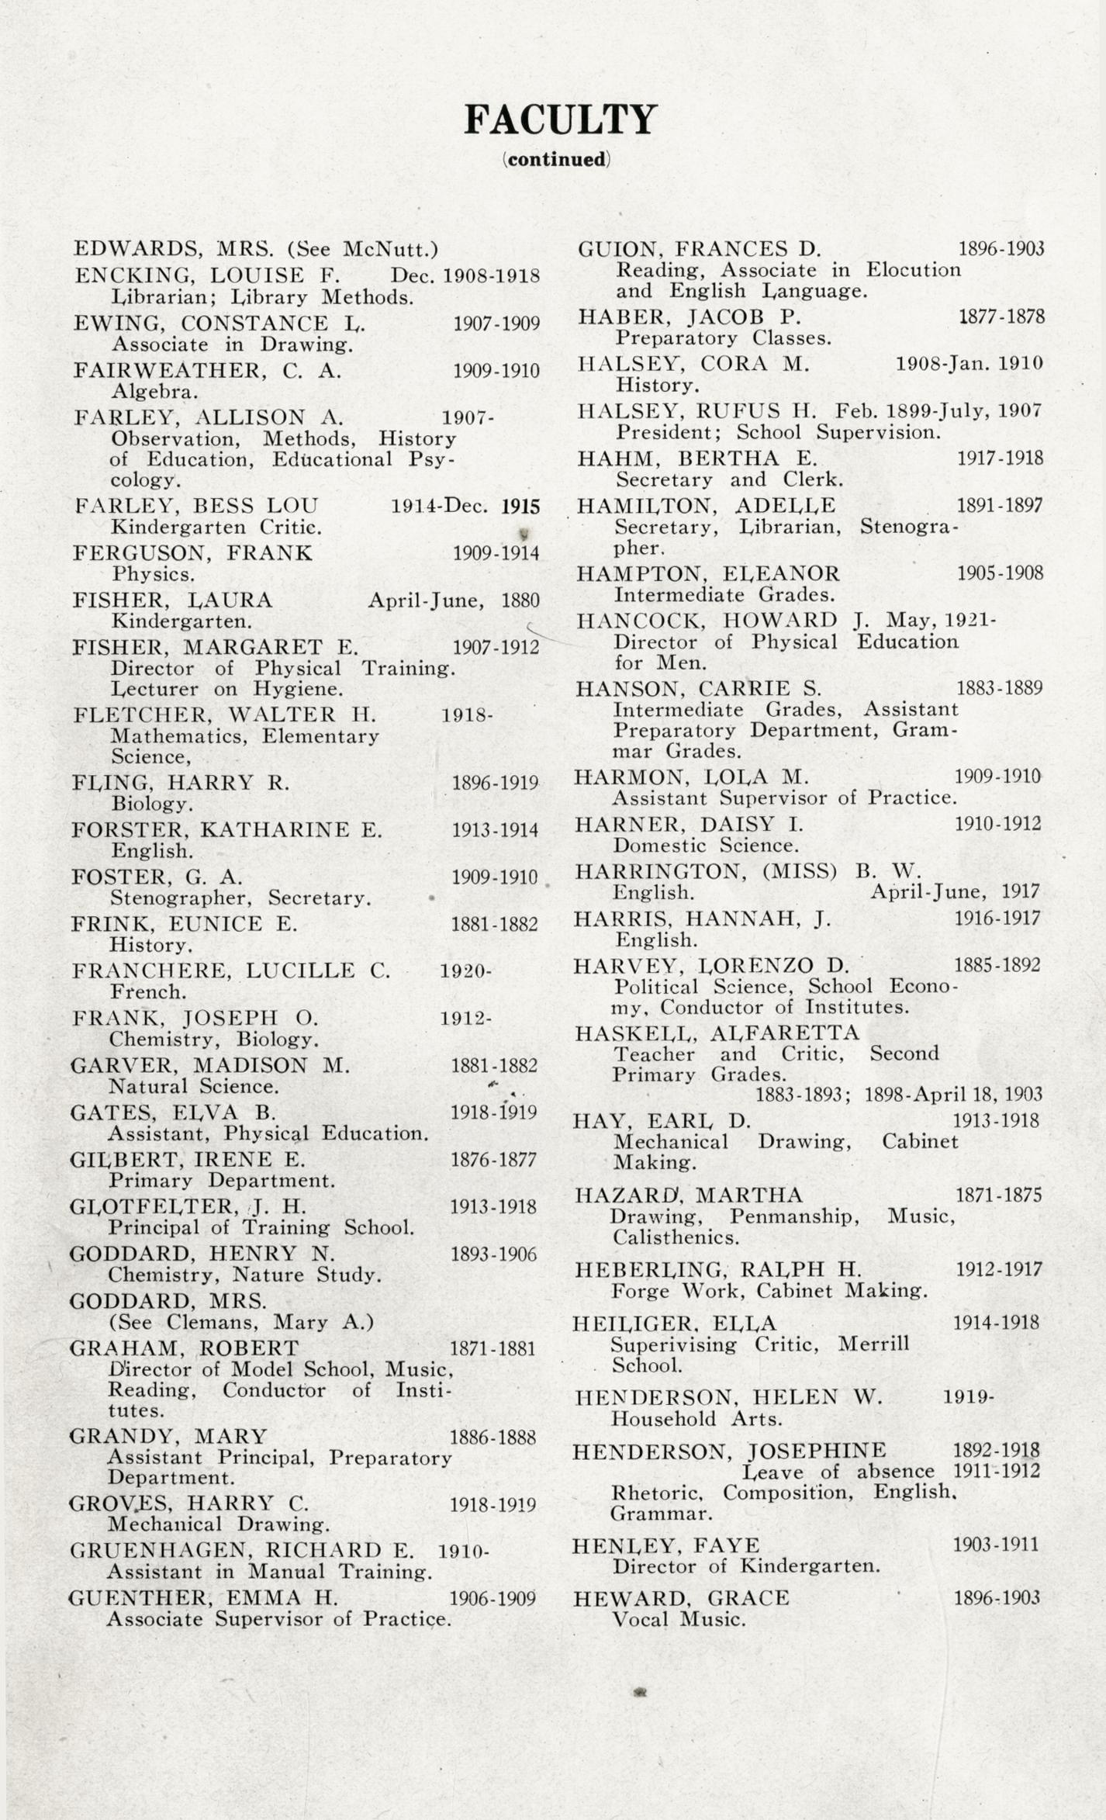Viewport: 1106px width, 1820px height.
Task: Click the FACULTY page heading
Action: [x=560, y=120]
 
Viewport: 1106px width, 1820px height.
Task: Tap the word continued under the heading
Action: [x=556, y=160]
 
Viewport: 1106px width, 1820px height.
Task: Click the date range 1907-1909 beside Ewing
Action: [x=496, y=324]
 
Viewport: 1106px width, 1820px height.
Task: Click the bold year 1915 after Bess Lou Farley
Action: [x=520, y=507]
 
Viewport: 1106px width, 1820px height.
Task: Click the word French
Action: [x=148, y=992]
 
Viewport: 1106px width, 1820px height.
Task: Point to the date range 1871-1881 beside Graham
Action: [x=493, y=1349]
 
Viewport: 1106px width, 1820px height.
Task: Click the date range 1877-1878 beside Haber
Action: [x=1001, y=317]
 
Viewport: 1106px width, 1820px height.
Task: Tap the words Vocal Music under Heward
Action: [x=679, y=1620]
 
